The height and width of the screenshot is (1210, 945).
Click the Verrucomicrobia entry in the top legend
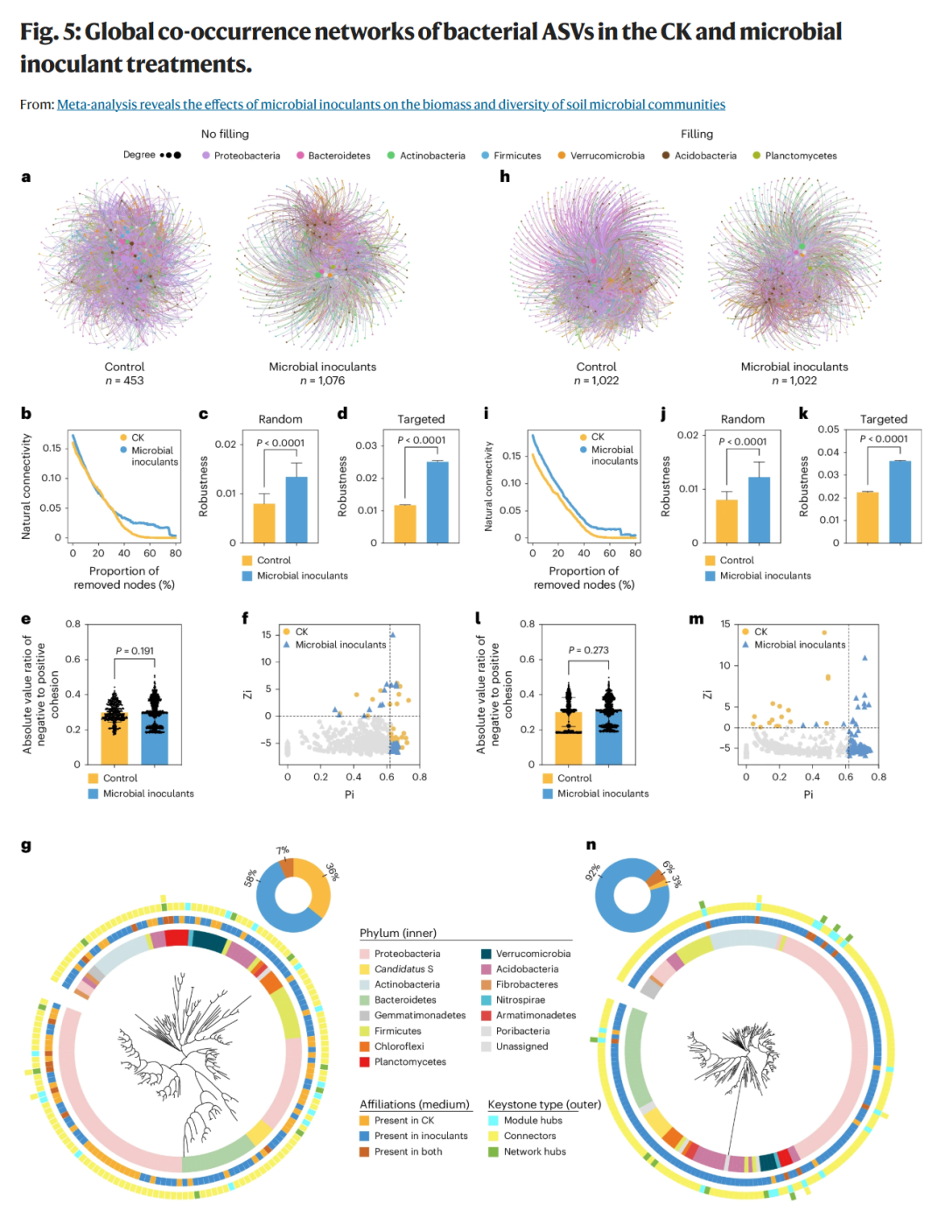601,156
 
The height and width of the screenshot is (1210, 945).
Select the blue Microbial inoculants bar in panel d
437,502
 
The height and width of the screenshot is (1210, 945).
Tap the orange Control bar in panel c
264,523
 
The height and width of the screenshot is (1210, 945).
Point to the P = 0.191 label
135,650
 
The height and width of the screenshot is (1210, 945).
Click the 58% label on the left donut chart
250,878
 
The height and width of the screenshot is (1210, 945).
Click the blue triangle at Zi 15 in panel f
393,635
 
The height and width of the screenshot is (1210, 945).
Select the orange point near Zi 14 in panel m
825,633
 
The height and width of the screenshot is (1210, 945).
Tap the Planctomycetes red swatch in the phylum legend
365,1061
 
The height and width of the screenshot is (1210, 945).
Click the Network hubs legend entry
527,1151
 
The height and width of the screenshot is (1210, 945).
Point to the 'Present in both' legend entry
401,1151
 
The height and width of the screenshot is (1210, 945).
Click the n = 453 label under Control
124,381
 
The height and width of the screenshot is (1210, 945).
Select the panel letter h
505,177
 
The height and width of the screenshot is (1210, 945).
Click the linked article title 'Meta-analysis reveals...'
391,104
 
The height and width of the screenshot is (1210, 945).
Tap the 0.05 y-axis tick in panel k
828,430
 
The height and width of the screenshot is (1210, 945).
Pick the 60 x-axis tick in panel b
150,553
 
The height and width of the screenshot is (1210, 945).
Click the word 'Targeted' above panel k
884,419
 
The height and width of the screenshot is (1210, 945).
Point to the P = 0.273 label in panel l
589,650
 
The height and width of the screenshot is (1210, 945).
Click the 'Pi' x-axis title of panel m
808,794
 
